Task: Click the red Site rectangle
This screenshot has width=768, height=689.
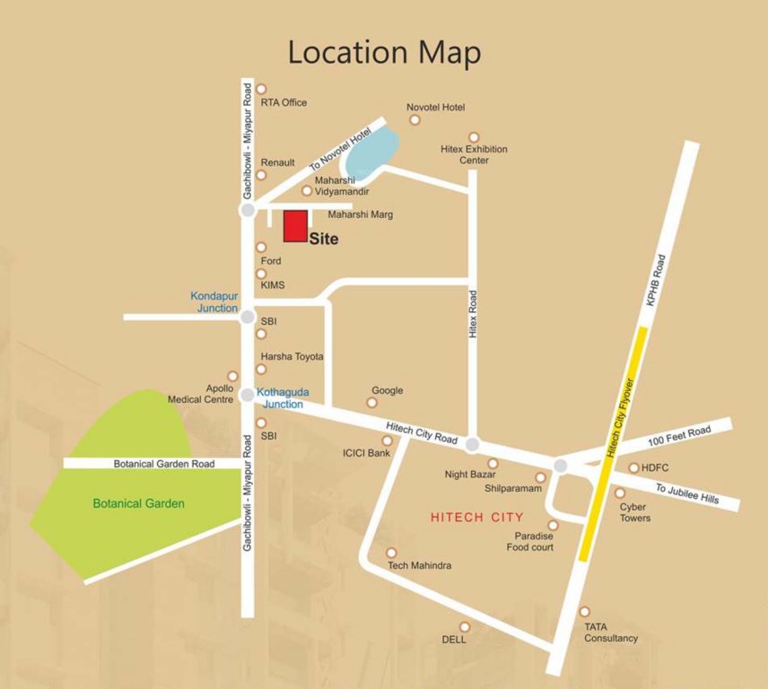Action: (296, 225)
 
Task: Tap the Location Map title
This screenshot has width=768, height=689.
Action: (383, 52)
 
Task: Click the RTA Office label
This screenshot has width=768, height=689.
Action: (284, 102)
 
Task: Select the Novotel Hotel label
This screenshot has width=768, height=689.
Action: (435, 108)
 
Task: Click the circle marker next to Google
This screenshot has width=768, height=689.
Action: (371, 403)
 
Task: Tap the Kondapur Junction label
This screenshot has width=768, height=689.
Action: (214, 301)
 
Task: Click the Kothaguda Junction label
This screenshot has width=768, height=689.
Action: (280, 397)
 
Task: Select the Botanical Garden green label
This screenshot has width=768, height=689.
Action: (138, 503)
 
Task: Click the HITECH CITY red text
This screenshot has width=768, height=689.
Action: (476, 518)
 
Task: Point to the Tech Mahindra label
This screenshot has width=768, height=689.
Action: (419, 566)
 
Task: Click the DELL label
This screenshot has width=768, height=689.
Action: (454, 640)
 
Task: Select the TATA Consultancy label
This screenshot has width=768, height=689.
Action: (611, 632)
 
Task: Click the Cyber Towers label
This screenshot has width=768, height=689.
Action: (634, 512)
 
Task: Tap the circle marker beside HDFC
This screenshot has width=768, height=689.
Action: (633, 467)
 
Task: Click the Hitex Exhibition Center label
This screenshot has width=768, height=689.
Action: (474, 154)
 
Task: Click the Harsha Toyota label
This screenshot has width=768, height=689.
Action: (292, 356)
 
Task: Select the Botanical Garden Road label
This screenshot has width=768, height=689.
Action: (164, 464)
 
